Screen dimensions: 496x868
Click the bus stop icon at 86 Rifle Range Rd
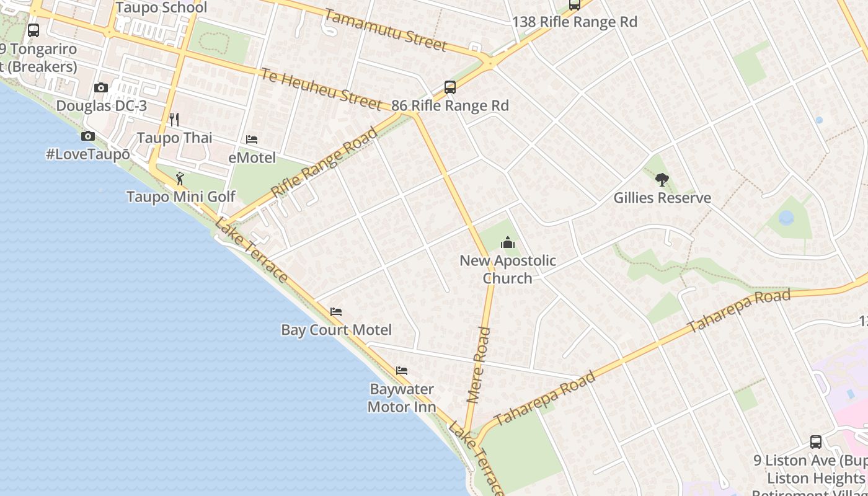(x=450, y=87)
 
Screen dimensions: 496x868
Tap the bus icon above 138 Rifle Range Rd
(x=575, y=5)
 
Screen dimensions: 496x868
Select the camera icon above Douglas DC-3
(x=101, y=88)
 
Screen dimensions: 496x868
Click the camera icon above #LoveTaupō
(x=88, y=136)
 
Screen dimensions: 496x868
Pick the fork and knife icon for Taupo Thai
(x=174, y=120)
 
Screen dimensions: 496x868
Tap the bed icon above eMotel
(x=252, y=139)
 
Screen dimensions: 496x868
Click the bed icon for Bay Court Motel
(x=336, y=312)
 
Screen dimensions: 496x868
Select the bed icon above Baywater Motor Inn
(x=402, y=371)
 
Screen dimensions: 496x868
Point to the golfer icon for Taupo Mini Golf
(x=180, y=179)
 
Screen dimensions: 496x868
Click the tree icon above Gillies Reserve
(x=662, y=180)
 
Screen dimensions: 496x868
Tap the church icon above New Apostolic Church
(x=508, y=242)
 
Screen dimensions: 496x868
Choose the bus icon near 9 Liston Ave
(x=816, y=442)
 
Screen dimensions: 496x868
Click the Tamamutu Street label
(x=385, y=30)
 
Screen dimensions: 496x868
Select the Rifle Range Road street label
(x=325, y=162)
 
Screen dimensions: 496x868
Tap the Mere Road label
(x=479, y=366)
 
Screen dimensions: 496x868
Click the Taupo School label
(x=161, y=8)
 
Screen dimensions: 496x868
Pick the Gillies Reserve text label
(x=662, y=198)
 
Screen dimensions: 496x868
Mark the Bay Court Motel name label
(x=336, y=330)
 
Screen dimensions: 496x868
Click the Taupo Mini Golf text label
(x=180, y=197)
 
